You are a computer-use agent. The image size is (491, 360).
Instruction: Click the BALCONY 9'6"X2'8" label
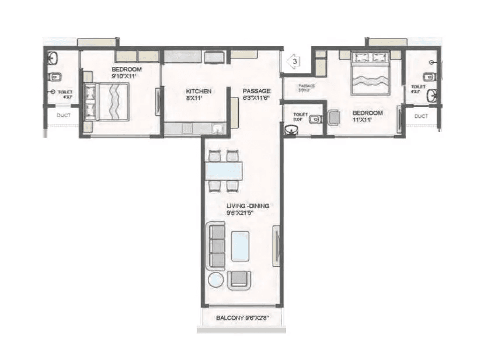(x=241, y=318)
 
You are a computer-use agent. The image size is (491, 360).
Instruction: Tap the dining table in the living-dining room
(x=224, y=170)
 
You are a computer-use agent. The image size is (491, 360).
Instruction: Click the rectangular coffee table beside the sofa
(x=241, y=246)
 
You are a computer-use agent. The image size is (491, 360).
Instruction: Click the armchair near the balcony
(x=239, y=280)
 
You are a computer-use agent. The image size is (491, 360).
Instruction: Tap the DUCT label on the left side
(x=64, y=116)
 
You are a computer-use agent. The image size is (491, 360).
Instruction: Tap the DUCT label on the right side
(x=421, y=116)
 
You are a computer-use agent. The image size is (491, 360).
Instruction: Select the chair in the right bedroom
(x=333, y=118)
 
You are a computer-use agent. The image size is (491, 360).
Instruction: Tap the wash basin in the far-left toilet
(x=53, y=58)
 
